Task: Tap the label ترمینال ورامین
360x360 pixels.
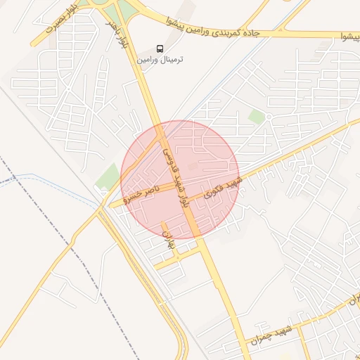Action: click(160, 60)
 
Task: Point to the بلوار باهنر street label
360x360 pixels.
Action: click(117, 32)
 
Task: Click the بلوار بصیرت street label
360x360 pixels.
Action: click(59, 20)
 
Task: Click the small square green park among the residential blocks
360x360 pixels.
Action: click(257, 117)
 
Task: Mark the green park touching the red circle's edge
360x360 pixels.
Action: click(108, 175)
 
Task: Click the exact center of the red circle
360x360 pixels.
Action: click(180, 180)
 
